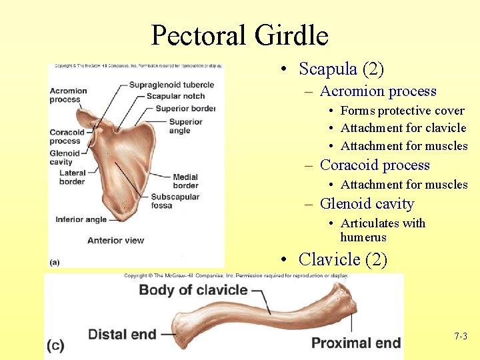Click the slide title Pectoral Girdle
click(239, 35)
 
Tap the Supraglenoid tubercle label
click(171, 85)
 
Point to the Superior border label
click(185, 108)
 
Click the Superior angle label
click(185, 126)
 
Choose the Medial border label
click(185, 181)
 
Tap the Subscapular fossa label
click(174, 201)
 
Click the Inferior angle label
click(81, 219)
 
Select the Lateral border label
click(72, 177)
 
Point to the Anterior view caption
click(115, 240)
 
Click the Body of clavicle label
click(193, 290)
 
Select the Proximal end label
click(356, 343)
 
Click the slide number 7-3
click(460, 337)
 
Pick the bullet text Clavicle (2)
click(343, 259)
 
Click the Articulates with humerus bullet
click(382, 230)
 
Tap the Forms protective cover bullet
click(402, 111)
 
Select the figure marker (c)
click(56, 345)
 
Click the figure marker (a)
click(54, 262)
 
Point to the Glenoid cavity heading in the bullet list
click(367, 204)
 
